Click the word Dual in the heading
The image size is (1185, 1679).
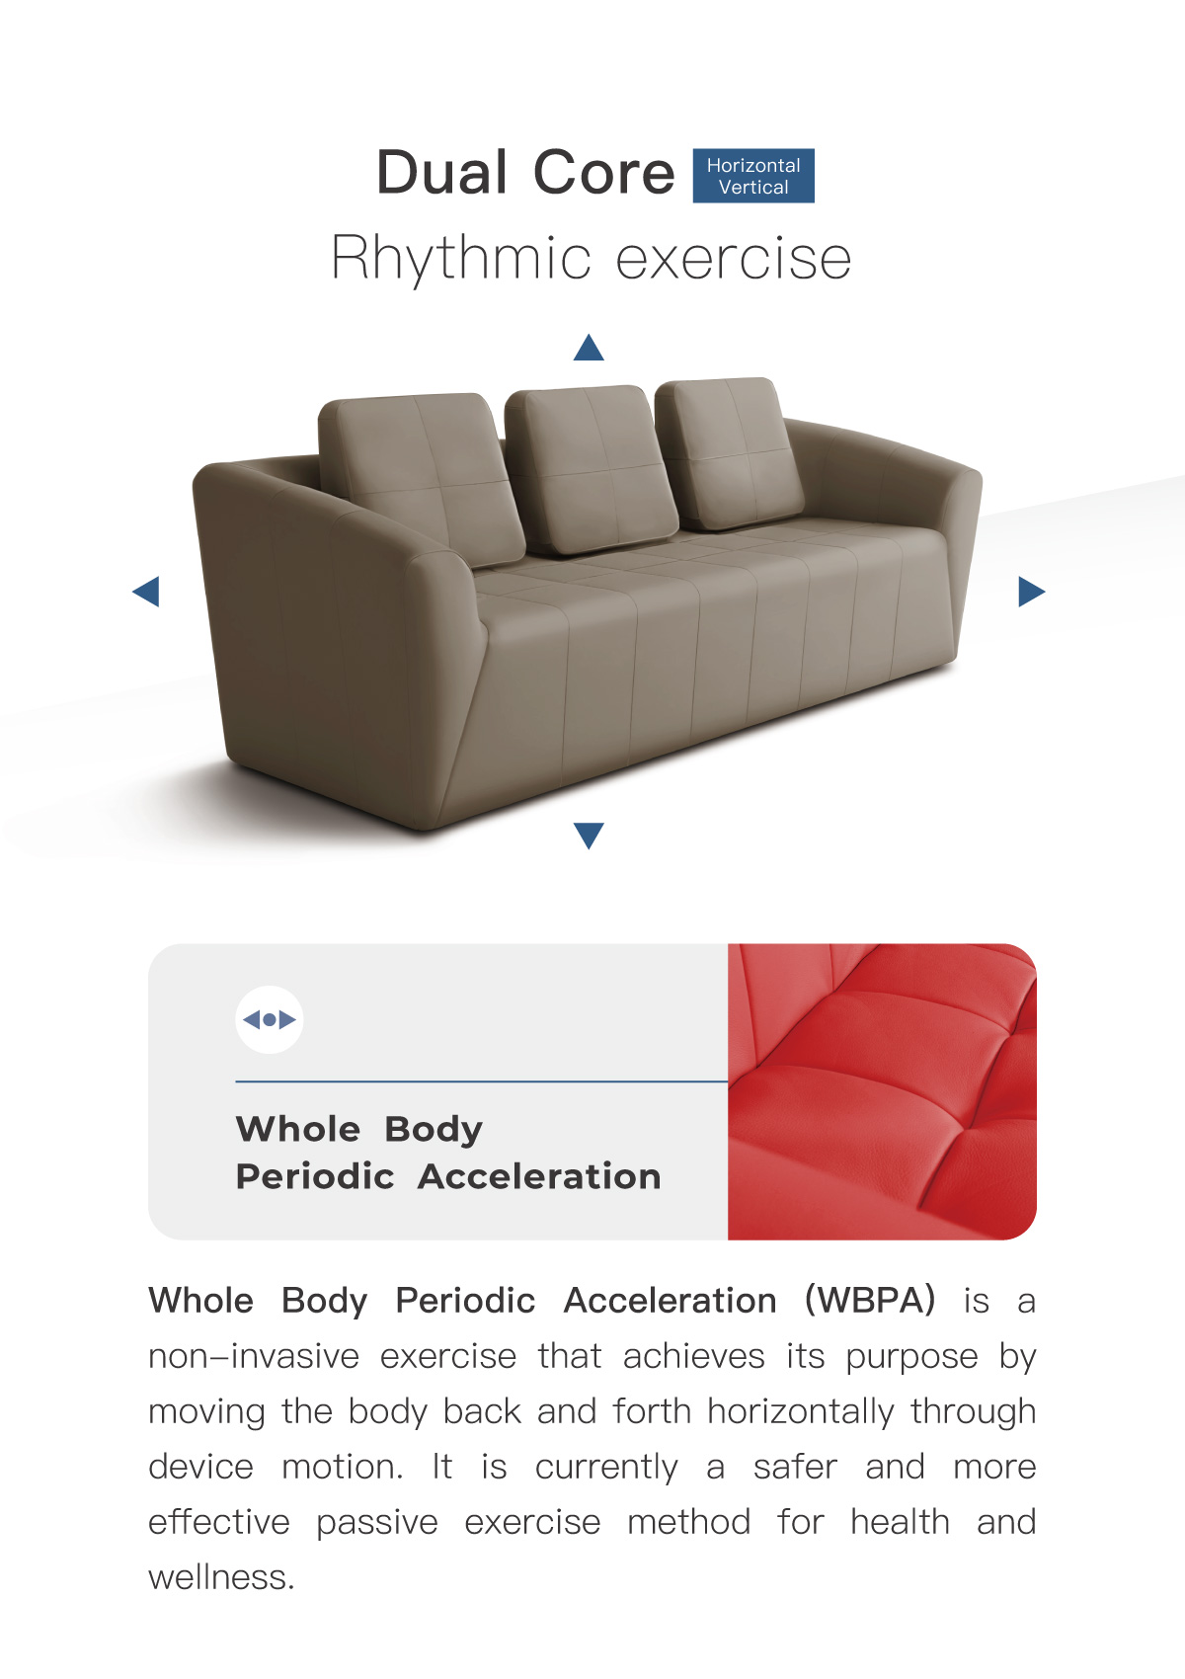[441, 173]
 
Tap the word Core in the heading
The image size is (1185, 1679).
[603, 173]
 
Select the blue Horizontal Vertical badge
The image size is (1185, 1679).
[753, 176]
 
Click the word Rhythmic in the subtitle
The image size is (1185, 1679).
[461, 260]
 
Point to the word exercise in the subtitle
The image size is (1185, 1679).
[733, 260]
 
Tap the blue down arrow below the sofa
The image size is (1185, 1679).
[589, 836]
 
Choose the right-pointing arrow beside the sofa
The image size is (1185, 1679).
[1031, 592]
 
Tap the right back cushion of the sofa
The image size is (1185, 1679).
[729, 453]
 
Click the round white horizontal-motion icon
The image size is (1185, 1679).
[269, 1019]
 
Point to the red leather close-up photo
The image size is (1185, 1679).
[882, 1091]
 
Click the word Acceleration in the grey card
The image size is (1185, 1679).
[539, 1176]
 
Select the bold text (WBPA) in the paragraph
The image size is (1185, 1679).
[869, 1300]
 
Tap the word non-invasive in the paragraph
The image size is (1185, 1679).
[254, 1356]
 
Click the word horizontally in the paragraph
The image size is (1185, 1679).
[801, 1412]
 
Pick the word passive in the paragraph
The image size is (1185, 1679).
[377, 1523]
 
